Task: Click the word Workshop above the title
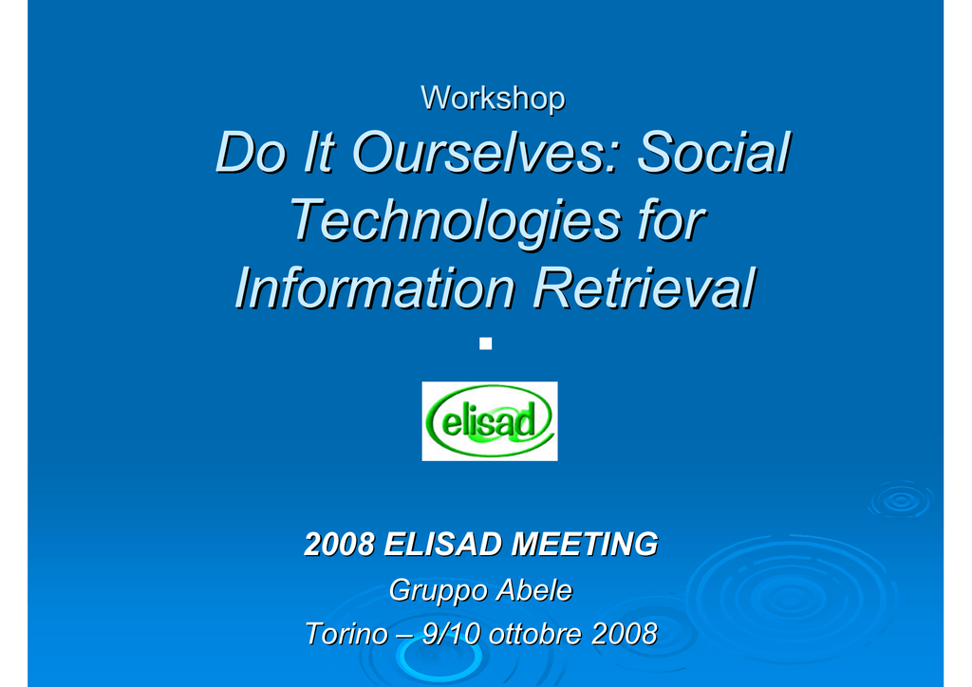pos(493,98)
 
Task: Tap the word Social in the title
pos(715,153)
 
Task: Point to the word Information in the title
pos(374,288)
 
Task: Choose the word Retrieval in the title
pos(645,288)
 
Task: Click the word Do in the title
pos(251,153)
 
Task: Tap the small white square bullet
pos(485,343)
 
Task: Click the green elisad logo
pos(490,421)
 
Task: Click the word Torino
pos(346,634)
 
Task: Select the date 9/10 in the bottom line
pos(451,634)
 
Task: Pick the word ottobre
pos(536,634)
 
